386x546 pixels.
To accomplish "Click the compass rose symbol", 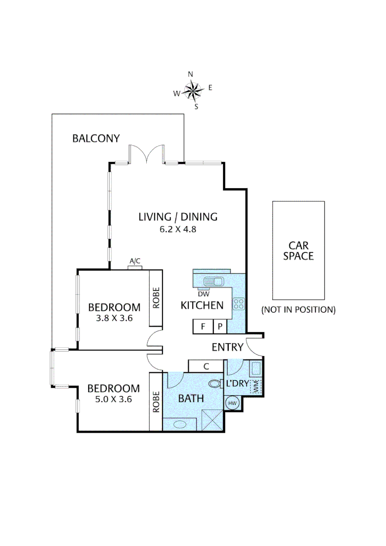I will coord(193,91).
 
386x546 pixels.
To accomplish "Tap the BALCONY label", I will coord(96,138).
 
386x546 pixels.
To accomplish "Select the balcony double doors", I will coord(146,154).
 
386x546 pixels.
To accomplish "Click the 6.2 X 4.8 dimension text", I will coord(178,229).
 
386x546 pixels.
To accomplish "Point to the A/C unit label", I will coord(135,261).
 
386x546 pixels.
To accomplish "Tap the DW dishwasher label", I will coord(203,293).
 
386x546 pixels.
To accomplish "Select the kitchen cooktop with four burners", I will coord(238,304).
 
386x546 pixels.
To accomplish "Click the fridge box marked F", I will coord(203,327).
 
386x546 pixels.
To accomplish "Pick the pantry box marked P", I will coord(220,327).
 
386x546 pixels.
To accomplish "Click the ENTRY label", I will coord(228,347).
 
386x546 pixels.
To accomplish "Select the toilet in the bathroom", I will coord(217,384).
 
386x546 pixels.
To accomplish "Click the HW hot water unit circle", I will coord(232,403).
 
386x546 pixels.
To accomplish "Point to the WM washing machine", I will coord(256,386).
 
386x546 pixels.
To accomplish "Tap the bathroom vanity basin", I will coord(180,424).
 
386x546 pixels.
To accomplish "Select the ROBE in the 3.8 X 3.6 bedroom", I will coord(156,298).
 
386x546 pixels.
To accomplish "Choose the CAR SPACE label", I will coord(298,250).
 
